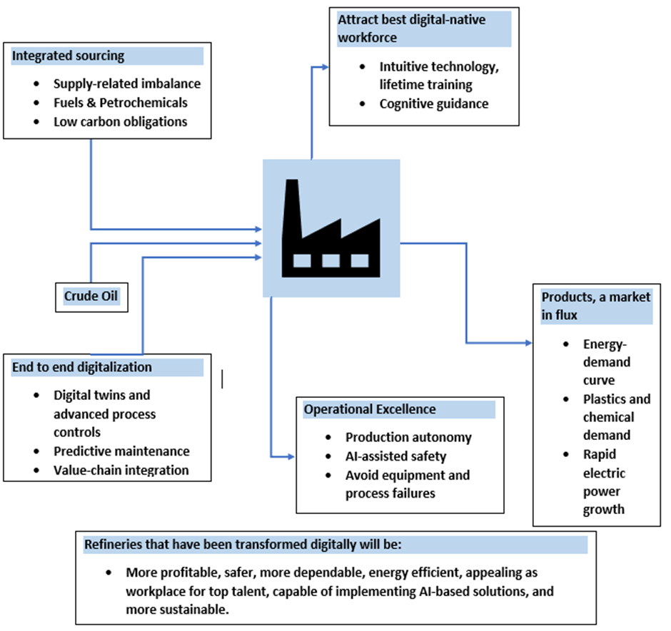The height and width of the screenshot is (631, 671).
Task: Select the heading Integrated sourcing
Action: [x=68, y=56]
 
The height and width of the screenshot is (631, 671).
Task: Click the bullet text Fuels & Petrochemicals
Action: [x=121, y=103]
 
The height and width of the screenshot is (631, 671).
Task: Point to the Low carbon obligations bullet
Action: [x=121, y=121]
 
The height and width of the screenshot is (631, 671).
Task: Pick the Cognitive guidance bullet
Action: [x=434, y=103]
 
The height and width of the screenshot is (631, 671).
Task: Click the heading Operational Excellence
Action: [x=370, y=409]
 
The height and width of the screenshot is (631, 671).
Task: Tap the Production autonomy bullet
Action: [x=408, y=437]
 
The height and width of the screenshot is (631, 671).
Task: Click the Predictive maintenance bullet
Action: [x=121, y=451]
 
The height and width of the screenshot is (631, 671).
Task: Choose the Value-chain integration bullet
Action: [x=121, y=470]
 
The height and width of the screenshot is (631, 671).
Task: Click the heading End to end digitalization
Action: [x=82, y=367]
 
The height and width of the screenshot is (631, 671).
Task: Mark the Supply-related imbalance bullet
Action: [x=127, y=83]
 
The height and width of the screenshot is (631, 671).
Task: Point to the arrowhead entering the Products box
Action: [x=528, y=343]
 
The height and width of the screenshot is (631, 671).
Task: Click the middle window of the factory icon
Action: [x=331, y=261]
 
